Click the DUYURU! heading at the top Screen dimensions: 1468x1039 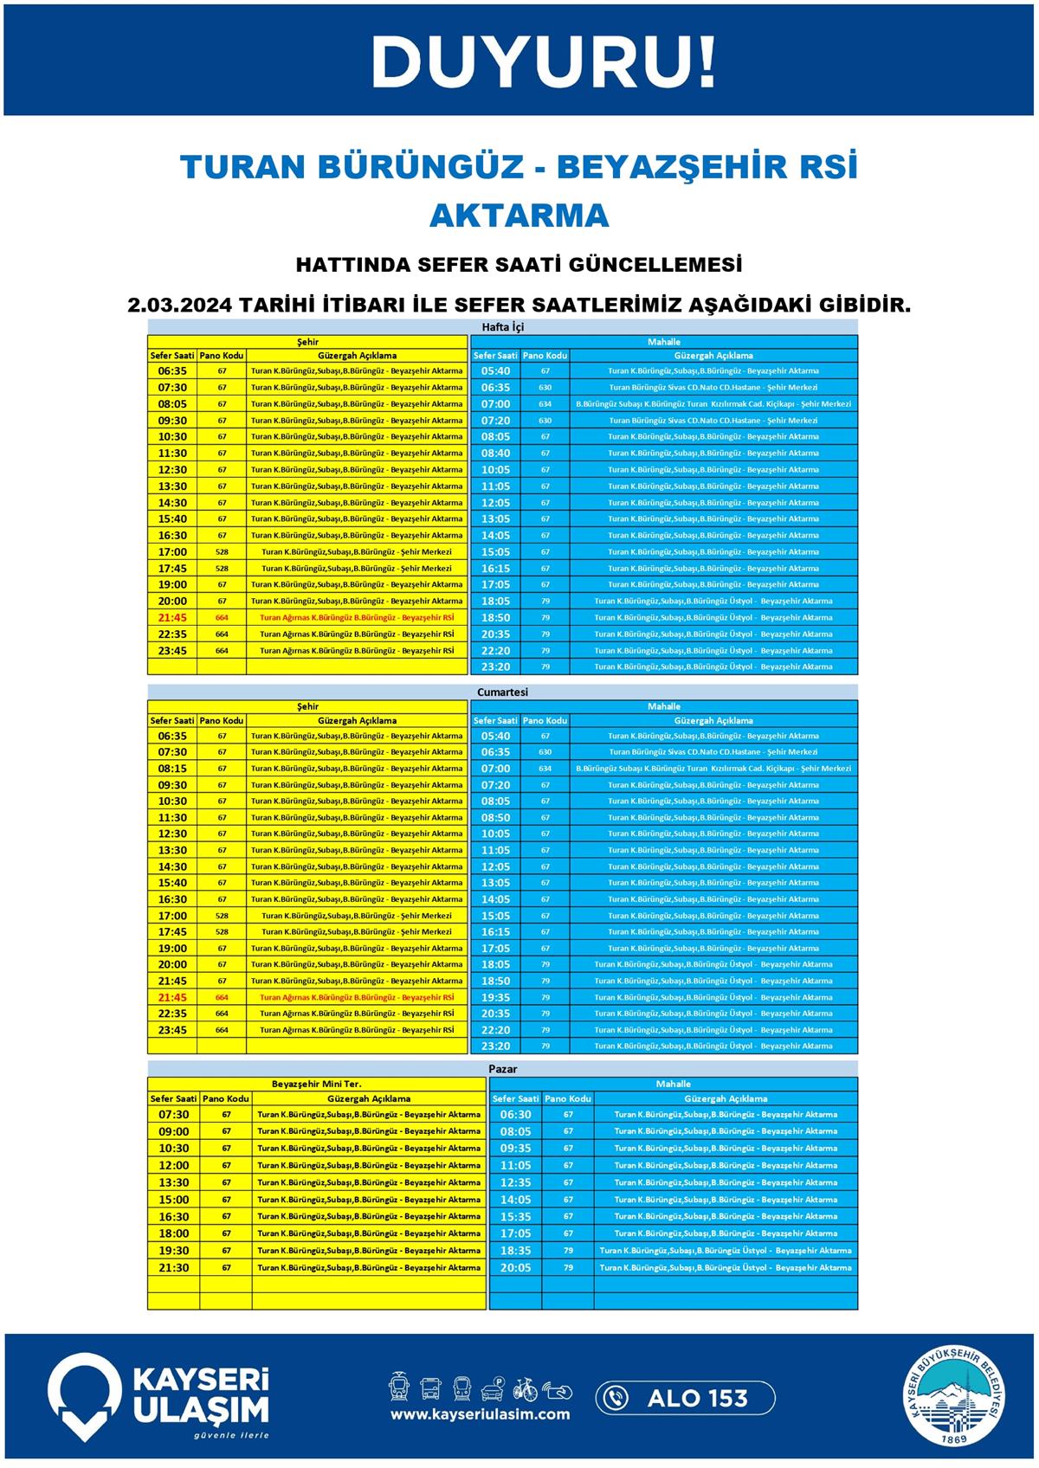coord(544,62)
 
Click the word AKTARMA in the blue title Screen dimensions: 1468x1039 coord(519,216)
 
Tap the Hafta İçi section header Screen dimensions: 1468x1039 coord(502,327)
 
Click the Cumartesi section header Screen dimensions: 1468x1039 coord(502,692)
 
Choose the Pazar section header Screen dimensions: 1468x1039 coord(502,1069)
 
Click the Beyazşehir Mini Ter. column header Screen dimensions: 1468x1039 coord(317,1084)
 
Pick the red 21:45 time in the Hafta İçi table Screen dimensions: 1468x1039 coord(172,618)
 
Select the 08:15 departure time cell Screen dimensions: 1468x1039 coord(172,769)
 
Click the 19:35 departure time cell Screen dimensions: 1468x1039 coord(495,997)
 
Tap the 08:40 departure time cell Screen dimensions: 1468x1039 coord(495,454)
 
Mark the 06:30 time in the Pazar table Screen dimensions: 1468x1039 coord(515,1115)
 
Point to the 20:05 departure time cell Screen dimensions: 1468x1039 coord(515,1268)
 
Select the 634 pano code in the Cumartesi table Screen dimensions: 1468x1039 coord(545,769)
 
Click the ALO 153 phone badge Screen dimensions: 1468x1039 coord(685,1398)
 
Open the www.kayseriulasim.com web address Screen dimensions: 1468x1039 coord(480,1414)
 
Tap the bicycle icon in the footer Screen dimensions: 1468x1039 coord(525,1388)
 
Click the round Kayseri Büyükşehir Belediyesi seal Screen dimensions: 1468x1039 coord(956,1396)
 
